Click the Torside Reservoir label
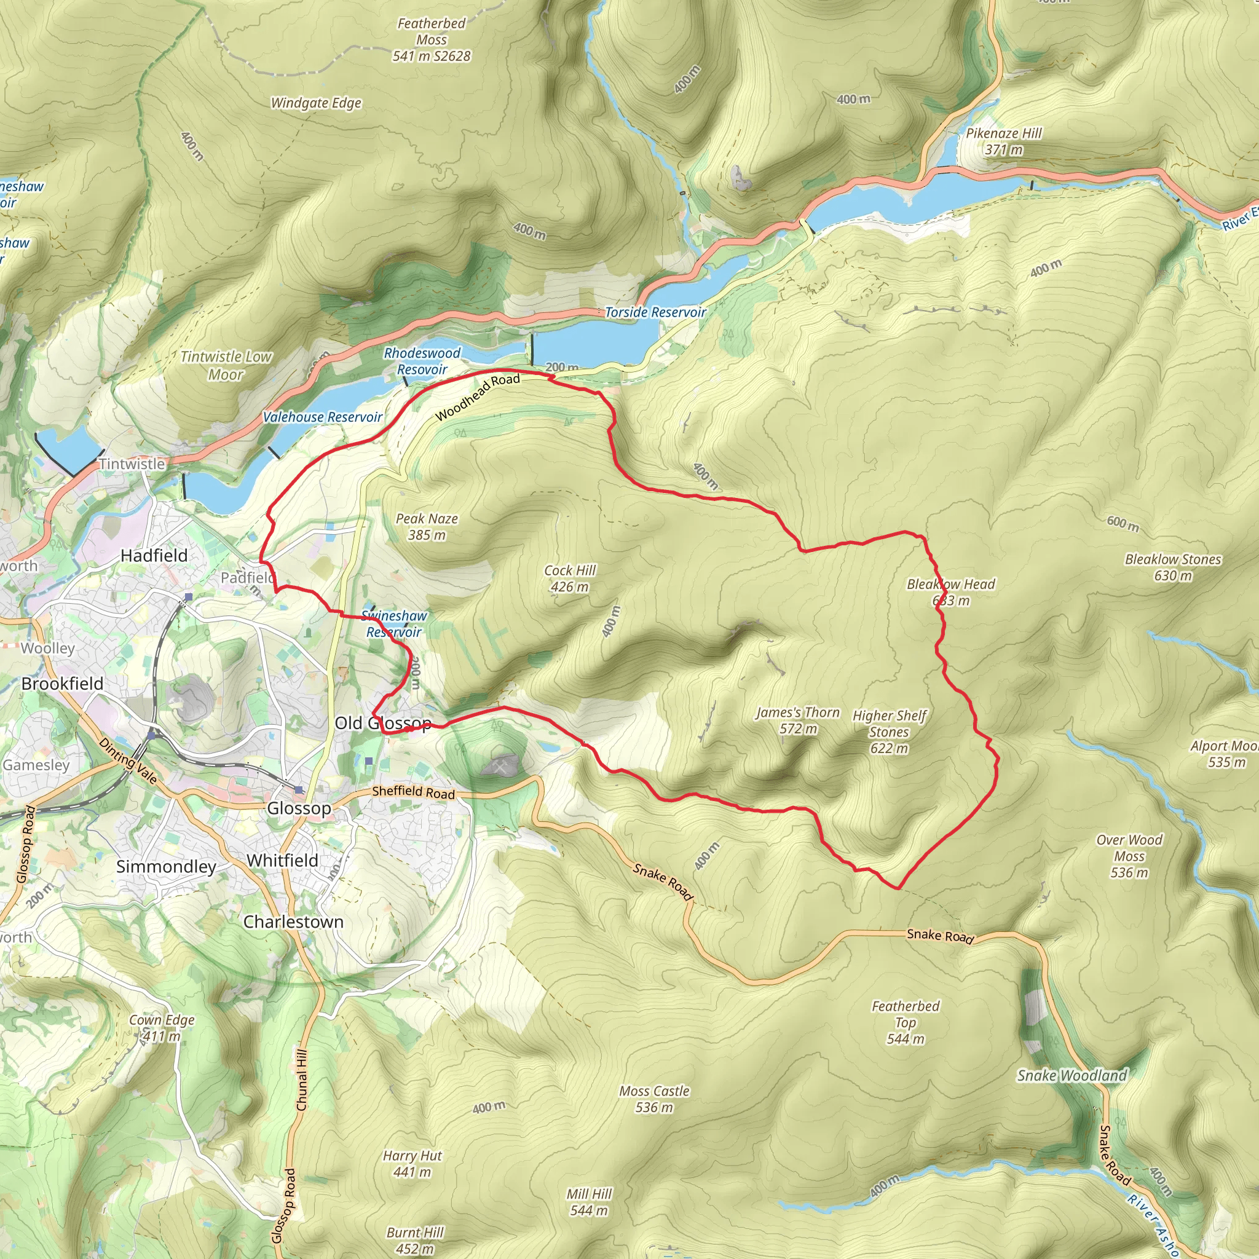(655, 312)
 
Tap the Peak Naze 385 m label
(427, 527)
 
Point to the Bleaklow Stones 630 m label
(1172, 567)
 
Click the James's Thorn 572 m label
(797, 720)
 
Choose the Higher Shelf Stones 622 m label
(889, 731)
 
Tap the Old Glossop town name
(382, 723)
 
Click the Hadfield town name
(154, 555)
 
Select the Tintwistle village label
(132, 464)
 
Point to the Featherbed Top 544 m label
(905, 1022)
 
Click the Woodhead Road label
(478, 397)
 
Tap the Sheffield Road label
(413, 792)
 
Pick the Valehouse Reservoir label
(323, 417)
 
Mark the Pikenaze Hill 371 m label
(1003, 141)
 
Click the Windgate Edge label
(316, 103)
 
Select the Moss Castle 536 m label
(653, 1099)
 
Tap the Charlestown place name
(293, 922)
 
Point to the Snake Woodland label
(1072, 1075)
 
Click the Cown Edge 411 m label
(162, 1028)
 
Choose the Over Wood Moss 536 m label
(1129, 856)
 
